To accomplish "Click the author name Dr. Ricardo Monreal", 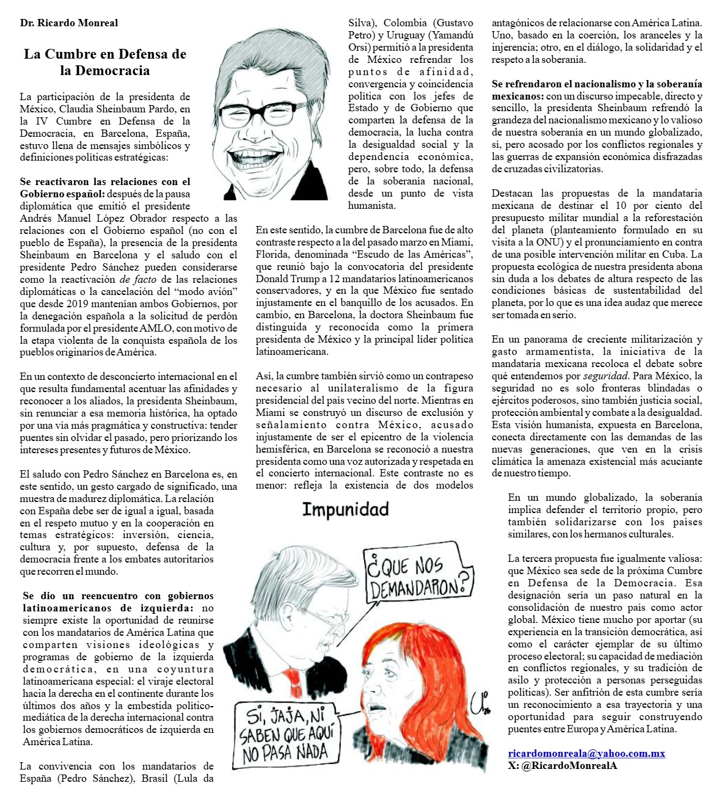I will (x=69, y=23).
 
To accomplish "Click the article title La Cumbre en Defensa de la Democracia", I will (x=105, y=62).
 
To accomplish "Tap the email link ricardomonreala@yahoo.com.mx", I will (x=586, y=753).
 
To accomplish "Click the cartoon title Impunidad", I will (x=345, y=509).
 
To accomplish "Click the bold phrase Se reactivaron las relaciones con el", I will (x=105, y=181).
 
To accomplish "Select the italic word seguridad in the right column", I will (x=605, y=376).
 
